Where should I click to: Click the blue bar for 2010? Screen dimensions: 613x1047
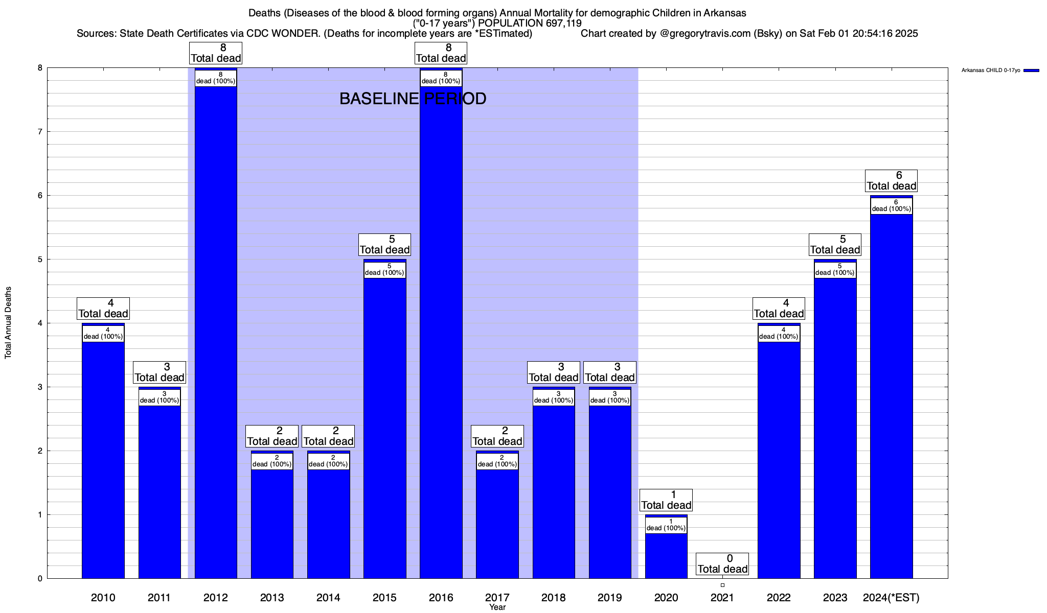coord(103,460)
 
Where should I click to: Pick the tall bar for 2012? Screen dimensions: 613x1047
coord(216,332)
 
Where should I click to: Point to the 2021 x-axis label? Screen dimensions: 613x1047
coord(722,598)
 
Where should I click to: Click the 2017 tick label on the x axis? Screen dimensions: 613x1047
coord(497,598)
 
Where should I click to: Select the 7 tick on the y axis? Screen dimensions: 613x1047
coord(39,132)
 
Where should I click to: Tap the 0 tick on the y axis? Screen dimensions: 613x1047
coord(39,578)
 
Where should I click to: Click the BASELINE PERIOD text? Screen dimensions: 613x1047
coord(413,99)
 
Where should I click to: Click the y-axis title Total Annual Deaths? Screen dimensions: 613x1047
coord(8,323)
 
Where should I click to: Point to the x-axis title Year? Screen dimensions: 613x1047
coord(497,607)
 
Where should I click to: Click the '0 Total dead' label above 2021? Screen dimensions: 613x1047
coord(722,564)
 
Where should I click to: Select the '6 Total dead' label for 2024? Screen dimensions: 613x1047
coord(891,181)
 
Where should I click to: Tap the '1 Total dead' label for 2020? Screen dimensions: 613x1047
coord(666,500)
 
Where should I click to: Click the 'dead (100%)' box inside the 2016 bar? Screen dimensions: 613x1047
coord(441,78)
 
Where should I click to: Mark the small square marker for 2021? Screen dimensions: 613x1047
coord(722,585)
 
